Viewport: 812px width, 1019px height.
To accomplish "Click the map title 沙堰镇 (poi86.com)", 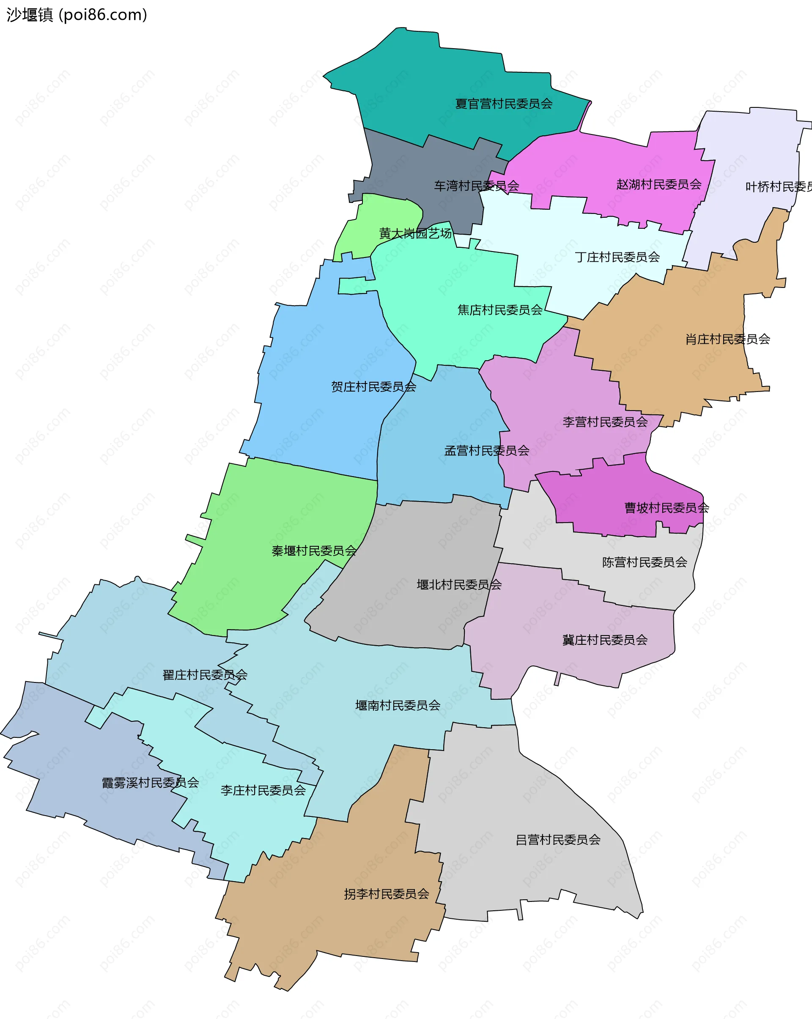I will coord(77,15).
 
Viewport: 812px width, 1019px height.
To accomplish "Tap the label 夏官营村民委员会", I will coord(503,104).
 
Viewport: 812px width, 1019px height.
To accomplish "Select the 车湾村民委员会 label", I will coord(477,186).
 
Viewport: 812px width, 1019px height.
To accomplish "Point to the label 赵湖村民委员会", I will coord(658,184).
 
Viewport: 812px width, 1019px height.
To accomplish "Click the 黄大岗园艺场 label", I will coord(415,233).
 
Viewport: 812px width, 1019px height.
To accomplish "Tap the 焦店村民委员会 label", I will coord(499,310).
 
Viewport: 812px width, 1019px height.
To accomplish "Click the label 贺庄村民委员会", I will coord(373,387).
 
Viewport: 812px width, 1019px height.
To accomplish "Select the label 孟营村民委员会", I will coord(486,451).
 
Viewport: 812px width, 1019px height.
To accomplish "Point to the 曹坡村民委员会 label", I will coord(667,508).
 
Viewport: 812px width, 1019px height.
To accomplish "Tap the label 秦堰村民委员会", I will coord(314,551).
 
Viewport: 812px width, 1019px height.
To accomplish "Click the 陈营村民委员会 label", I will coord(644,562).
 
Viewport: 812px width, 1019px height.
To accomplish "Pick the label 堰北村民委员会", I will coord(459,585).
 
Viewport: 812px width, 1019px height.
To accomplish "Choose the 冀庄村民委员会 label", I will coord(604,641).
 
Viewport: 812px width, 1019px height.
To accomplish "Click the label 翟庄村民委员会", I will coord(205,675).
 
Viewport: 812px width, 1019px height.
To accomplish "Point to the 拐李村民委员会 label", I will coord(386,894).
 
